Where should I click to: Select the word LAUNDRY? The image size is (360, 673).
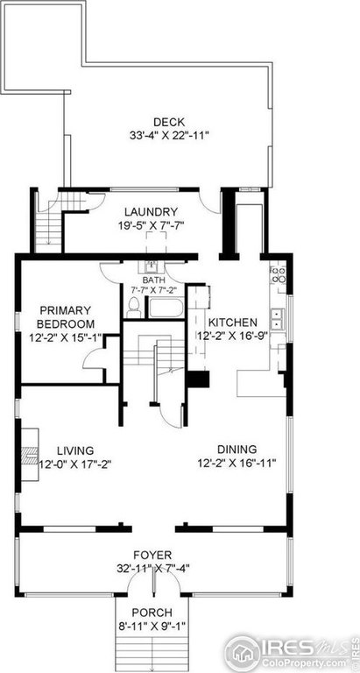(x=151, y=212)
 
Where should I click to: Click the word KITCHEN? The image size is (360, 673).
(x=232, y=322)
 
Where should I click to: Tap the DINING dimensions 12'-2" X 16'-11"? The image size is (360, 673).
(x=231, y=464)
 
